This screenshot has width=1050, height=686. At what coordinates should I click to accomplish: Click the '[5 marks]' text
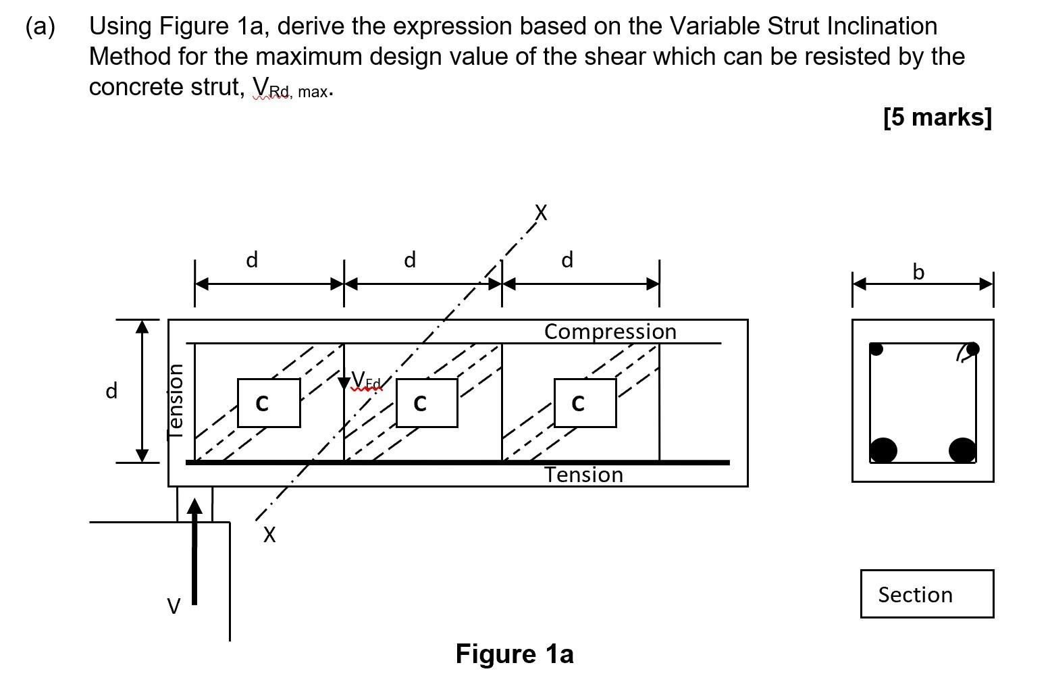point(937,117)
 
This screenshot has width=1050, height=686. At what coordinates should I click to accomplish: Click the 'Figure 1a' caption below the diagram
point(515,654)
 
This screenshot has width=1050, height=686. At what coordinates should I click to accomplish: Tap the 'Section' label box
point(927,593)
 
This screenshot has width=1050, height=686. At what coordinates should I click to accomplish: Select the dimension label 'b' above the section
point(918,272)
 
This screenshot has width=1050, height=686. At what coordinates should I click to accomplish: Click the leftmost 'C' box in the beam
point(269,403)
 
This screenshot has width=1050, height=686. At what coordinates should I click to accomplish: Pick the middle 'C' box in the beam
point(427,403)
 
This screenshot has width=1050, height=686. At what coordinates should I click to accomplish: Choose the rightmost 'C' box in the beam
point(585,403)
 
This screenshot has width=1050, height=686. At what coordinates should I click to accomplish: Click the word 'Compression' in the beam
point(610,332)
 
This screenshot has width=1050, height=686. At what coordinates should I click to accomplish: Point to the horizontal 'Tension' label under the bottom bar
point(583,475)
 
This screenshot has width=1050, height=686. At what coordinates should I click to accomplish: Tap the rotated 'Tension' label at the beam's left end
point(176,402)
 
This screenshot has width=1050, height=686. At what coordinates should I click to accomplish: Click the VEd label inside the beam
point(366,380)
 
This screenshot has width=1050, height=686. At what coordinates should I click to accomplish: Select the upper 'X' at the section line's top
point(541,213)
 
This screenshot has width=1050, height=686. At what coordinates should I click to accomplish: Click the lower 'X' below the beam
point(269,534)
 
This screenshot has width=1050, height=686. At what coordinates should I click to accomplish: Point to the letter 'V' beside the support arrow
point(174,606)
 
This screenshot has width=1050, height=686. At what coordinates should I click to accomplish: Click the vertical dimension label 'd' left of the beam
point(111,390)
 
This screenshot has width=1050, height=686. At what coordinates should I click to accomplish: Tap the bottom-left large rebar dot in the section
point(883,451)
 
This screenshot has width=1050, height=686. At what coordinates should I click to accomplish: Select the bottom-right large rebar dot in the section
point(962,451)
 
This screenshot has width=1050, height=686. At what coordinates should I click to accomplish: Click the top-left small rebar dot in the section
point(876,349)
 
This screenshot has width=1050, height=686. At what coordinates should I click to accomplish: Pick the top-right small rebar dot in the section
point(972,348)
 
